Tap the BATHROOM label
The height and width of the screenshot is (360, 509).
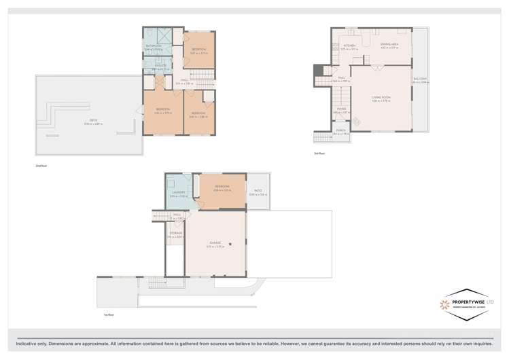[x=153, y=46]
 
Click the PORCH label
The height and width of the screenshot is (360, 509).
[x=340, y=131]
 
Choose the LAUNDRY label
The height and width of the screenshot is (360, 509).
[x=179, y=193]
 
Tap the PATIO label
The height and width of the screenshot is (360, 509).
[x=258, y=192]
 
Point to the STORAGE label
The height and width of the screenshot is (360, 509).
[x=175, y=234]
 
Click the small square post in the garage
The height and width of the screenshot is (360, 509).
[x=231, y=244]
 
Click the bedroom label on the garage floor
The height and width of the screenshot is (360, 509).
[x=222, y=186]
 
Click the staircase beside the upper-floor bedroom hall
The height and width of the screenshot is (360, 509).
[x=198, y=82]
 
